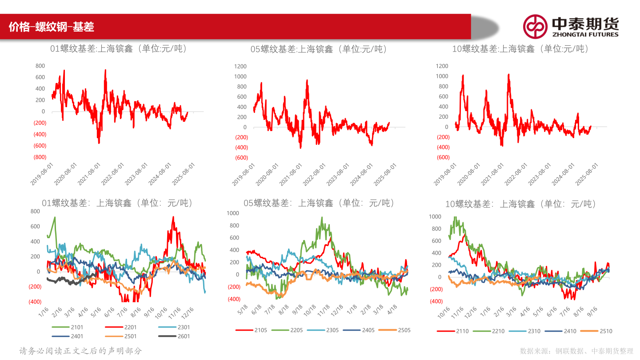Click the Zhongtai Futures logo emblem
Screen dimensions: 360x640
pyautogui.click(x=535, y=26)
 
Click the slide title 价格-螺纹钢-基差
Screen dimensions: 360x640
pyautogui.click(x=52, y=27)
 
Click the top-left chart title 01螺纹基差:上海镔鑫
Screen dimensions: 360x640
pyautogui.click(x=118, y=49)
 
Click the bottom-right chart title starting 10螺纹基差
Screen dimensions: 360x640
pyautogui.click(x=520, y=204)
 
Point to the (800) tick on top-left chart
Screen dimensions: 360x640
pyautogui.click(x=40, y=157)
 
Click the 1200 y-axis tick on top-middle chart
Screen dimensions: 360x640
pyautogui.click(x=241, y=66)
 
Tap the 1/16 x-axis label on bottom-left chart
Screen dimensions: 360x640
pyautogui.click(x=43, y=311)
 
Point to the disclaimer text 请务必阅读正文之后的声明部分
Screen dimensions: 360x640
pyautogui.click(x=81, y=351)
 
